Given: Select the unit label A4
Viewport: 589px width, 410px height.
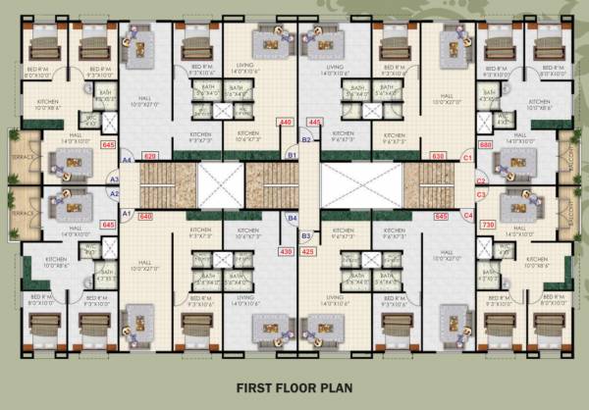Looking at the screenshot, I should (127, 160).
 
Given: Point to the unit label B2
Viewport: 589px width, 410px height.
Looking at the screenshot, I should (305, 140).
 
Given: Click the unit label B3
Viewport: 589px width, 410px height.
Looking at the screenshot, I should (305, 235).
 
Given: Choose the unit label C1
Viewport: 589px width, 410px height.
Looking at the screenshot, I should (467, 157).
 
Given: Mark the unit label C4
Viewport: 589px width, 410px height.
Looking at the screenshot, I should (467, 215).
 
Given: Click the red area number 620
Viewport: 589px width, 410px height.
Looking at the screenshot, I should (150, 156).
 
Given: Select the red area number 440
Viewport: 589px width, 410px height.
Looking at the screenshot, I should (286, 122).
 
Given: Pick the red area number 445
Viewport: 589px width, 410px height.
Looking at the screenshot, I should (315, 122).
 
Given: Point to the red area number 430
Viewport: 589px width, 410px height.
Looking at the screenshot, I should (286, 252).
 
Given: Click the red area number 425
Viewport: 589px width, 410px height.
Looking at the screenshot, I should (308, 252).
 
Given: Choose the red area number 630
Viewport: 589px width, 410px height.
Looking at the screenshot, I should (438, 156).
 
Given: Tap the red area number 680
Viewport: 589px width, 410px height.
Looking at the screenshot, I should (485, 145).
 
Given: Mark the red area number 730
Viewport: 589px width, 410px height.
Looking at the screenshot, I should (485, 226).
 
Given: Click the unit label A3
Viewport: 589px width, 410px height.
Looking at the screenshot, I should (114, 179).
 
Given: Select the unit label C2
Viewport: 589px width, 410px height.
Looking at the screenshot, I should (481, 180).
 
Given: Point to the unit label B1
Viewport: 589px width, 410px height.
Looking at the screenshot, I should (292, 155).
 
